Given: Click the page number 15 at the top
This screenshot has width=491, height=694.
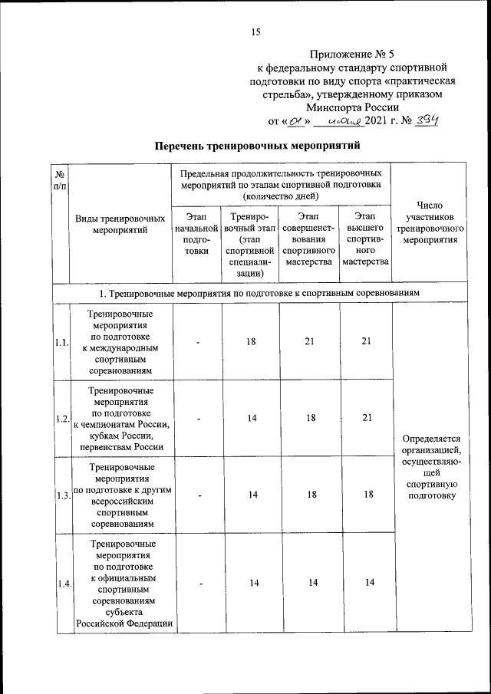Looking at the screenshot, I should (256, 32).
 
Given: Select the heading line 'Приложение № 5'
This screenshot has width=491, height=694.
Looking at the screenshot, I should (352, 54).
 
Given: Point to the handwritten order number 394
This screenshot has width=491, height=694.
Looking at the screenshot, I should (423, 120).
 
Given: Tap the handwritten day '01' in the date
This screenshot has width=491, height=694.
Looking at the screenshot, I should (294, 120).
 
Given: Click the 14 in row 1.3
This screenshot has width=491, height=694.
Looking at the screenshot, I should (251, 495).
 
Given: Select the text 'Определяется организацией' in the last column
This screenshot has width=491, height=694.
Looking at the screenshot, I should (428, 445).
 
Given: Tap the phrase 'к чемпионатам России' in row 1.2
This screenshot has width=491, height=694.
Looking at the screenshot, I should (122, 426).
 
